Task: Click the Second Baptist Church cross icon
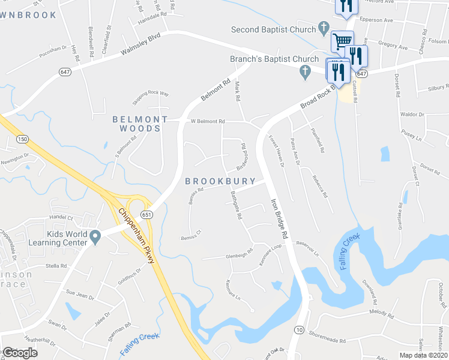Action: [324, 27]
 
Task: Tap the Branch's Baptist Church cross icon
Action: [305, 72]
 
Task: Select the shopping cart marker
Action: [342, 41]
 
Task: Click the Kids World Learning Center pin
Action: [95, 238]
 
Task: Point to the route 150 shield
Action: [22, 139]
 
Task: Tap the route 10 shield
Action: [298, 329]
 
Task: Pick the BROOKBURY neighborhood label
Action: [220, 181]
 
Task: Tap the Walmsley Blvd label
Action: [142, 44]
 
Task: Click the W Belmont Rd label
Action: [208, 121]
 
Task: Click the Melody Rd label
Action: [381, 313]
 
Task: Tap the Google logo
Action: [20, 353]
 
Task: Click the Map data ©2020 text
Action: [423, 355]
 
